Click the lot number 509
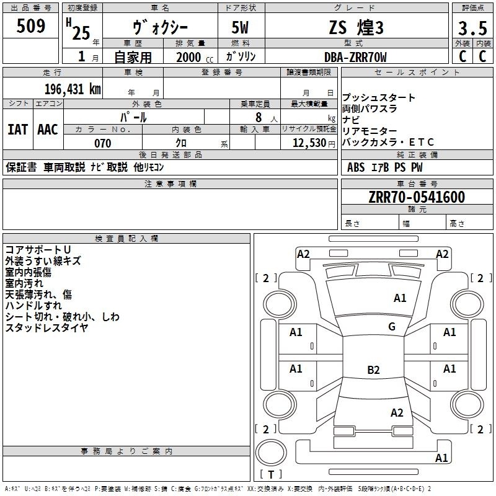click(30, 25)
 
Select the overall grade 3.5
click(472, 28)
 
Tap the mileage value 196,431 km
click(73, 89)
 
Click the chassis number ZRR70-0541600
click(417, 197)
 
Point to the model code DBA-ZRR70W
click(355, 57)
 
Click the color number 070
click(103, 143)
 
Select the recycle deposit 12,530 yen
click(314, 143)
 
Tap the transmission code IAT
click(18, 130)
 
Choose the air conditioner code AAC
click(48, 130)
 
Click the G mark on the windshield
click(392, 326)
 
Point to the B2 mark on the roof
click(373, 370)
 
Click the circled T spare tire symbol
click(271, 453)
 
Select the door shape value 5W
click(240, 27)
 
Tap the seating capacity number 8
click(259, 117)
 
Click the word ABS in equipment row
click(356, 167)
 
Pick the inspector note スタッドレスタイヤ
click(46, 328)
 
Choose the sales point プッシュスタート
click(378, 97)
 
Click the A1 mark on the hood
click(400, 298)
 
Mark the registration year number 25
click(81, 33)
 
